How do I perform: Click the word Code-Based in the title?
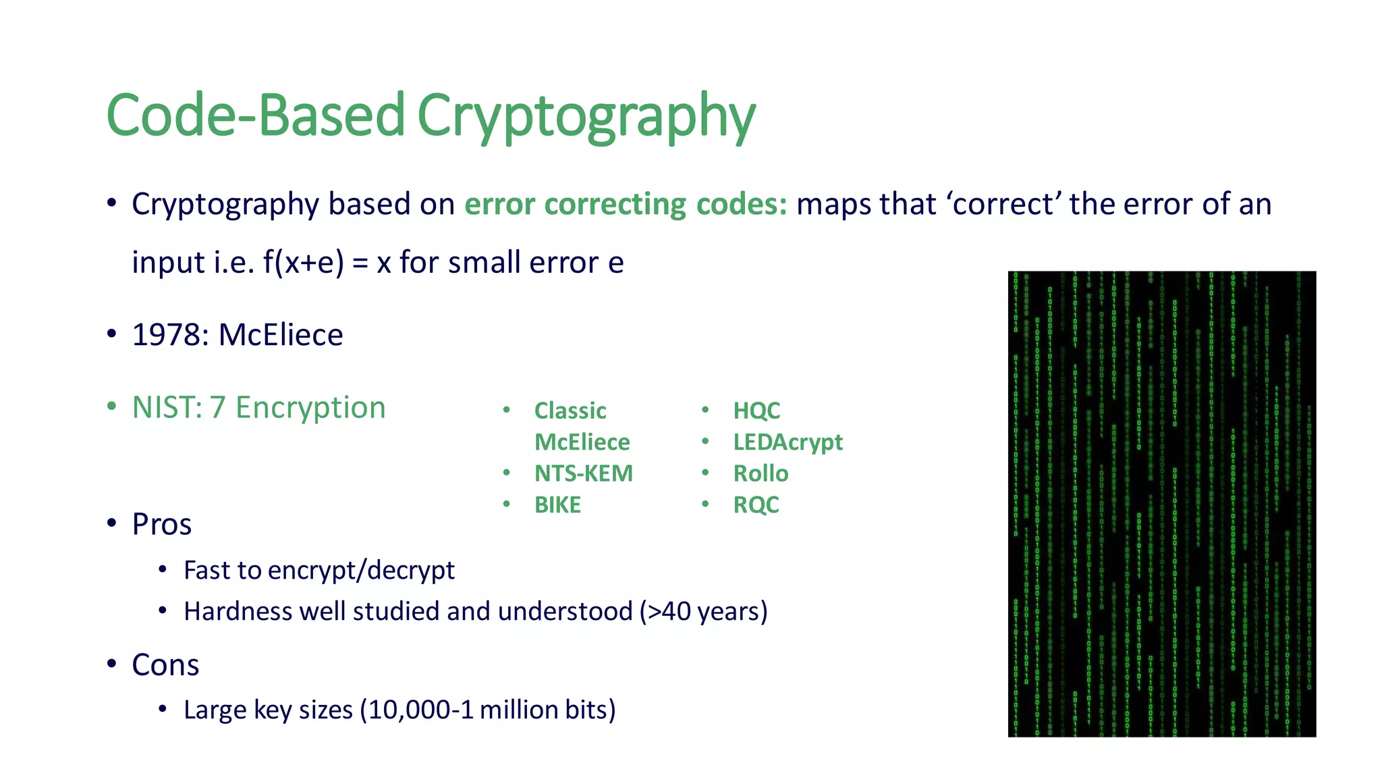pos(255,116)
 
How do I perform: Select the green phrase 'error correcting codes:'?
pos(625,204)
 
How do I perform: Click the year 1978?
pos(170,335)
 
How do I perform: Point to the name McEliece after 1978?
pos(281,335)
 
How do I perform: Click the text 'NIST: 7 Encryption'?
pos(258,408)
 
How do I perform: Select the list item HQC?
pos(756,411)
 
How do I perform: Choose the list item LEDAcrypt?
pos(787,442)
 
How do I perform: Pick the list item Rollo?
pos(761,473)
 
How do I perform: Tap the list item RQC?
pos(756,505)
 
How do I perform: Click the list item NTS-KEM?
pos(583,473)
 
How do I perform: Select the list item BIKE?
pos(557,505)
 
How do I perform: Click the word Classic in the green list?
pos(570,411)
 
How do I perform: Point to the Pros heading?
pos(161,524)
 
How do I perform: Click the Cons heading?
pos(165,665)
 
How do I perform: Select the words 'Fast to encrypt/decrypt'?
pos(319,571)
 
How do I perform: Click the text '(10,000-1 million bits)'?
pos(487,710)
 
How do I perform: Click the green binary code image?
pos(1161,504)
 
